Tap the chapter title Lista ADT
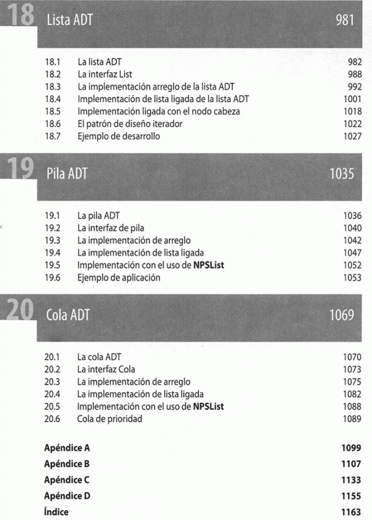tap(69, 20)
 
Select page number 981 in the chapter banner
tap(344, 20)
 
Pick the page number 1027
tap(351, 136)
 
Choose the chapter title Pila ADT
tap(66, 174)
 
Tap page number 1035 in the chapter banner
tap(342, 174)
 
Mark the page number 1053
tap(351, 277)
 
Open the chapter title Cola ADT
tap(68, 315)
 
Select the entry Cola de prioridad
tap(110, 419)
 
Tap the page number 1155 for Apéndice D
tap(350, 496)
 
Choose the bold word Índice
tap(56, 512)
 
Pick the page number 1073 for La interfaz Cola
tap(351, 369)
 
